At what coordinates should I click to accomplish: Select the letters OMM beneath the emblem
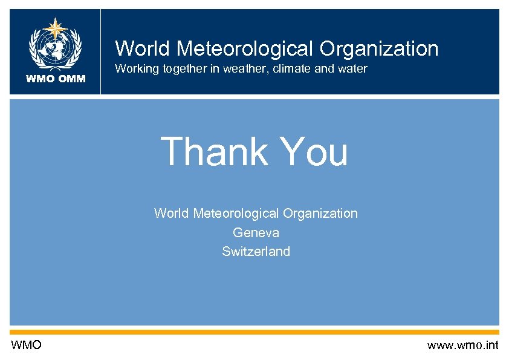[x=73, y=78]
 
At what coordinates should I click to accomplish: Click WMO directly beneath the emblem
[x=41, y=78]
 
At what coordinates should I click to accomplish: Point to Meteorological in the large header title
[x=242, y=48]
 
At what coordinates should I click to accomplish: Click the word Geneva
[x=256, y=232]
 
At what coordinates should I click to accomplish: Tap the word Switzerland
[x=256, y=251]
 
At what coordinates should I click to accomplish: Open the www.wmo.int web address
[x=462, y=345]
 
